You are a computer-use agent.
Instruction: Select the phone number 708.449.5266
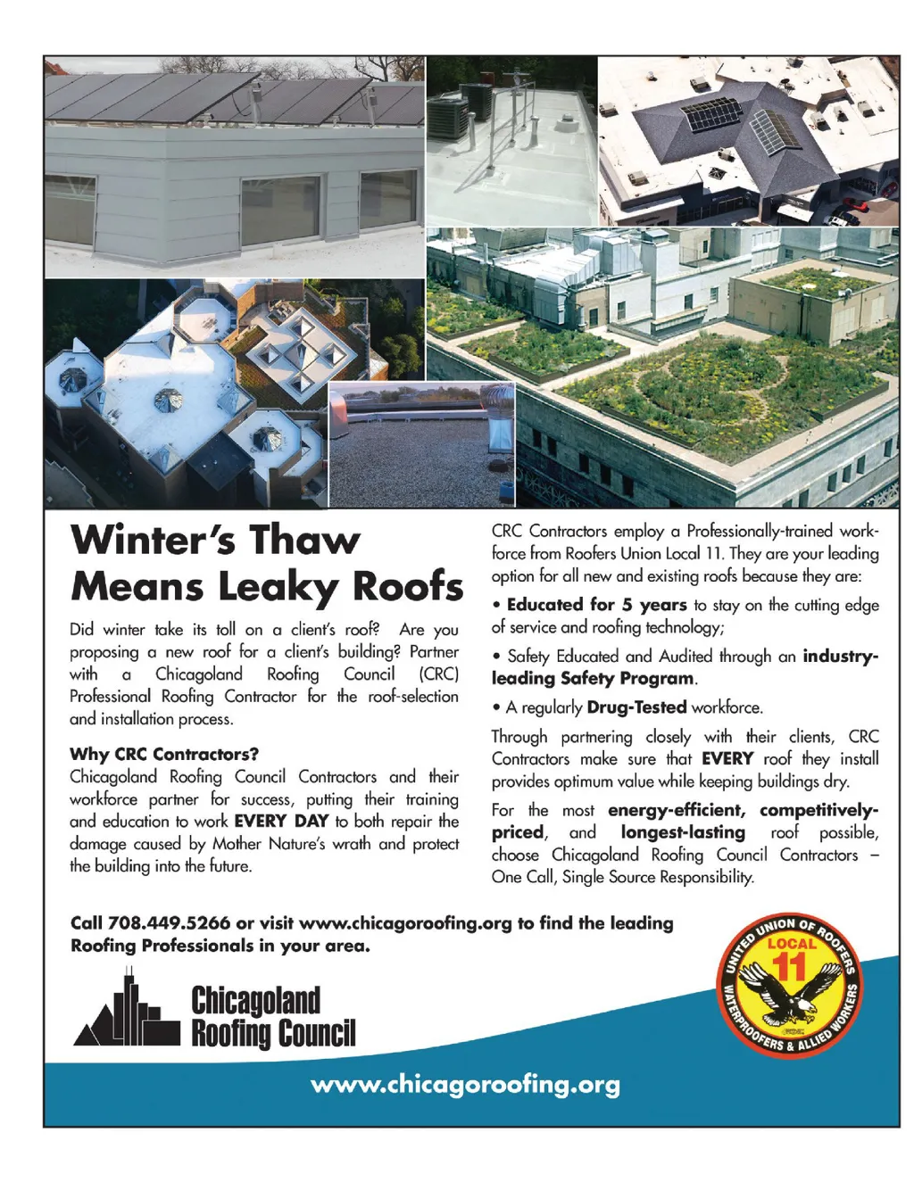click(x=169, y=922)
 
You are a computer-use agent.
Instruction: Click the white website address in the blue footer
click(x=465, y=1085)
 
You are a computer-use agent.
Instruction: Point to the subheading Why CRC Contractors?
click(x=164, y=754)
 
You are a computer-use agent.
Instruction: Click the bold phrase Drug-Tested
click(x=636, y=707)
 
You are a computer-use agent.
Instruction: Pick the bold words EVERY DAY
click(x=281, y=821)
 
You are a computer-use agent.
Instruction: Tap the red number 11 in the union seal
click(x=788, y=966)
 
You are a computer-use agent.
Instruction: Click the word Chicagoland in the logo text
click(x=255, y=1000)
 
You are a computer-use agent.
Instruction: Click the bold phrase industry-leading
click(x=840, y=656)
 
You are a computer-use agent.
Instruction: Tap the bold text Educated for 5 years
click(x=596, y=605)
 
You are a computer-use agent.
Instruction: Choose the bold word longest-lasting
click(x=683, y=832)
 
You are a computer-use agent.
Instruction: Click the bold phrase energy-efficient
click(x=676, y=810)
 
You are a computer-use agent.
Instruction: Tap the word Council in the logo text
click(x=317, y=1034)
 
